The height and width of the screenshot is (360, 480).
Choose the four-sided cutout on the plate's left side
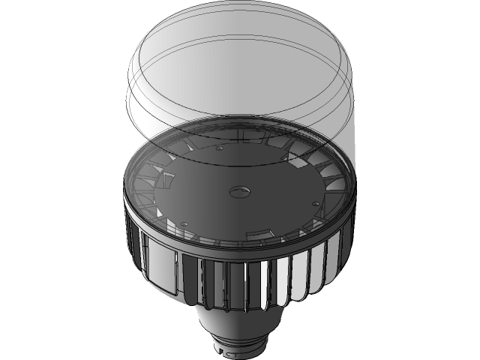point(165,181)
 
